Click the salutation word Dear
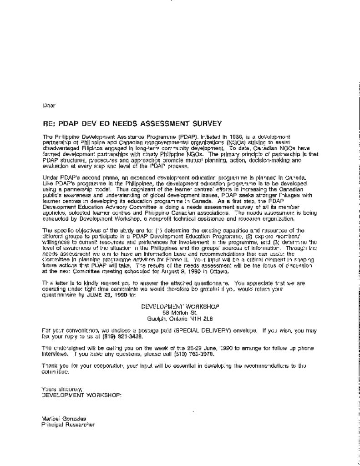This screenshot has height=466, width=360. click(49, 106)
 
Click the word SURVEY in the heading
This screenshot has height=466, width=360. click(207, 123)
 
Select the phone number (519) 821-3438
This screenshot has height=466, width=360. click(124, 336)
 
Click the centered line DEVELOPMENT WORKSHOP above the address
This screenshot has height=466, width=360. click(180, 307)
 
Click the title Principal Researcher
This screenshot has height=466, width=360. click(68, 425)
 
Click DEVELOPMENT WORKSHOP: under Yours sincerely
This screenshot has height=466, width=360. click(81, 395)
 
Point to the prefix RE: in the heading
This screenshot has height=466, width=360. click(49, 123)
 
